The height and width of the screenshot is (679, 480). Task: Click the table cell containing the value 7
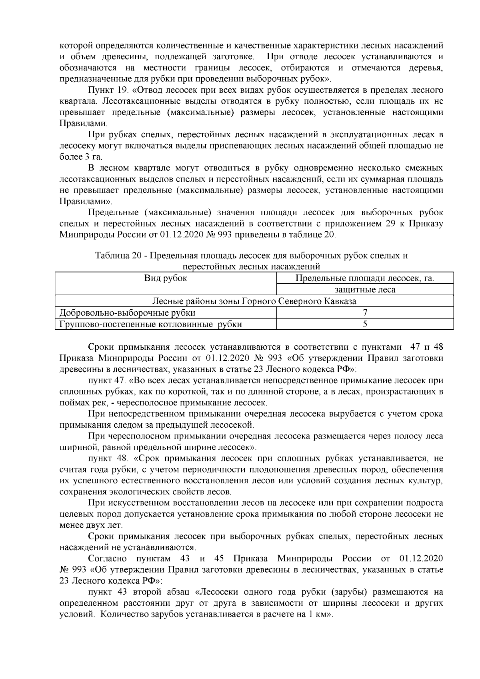[x=365, y=312]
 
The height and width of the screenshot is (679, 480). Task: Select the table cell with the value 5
[x=365, y=324]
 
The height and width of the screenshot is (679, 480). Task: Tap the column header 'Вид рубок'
[x=165, y=278]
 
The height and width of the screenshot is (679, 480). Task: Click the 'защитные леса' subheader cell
[x=365, y=290]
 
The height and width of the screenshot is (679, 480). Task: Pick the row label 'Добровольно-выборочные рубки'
[x=128, y=312]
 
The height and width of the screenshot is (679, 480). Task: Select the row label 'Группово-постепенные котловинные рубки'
[x=150, y=324]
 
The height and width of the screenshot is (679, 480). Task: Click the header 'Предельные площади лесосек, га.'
[x=365, y=278]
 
